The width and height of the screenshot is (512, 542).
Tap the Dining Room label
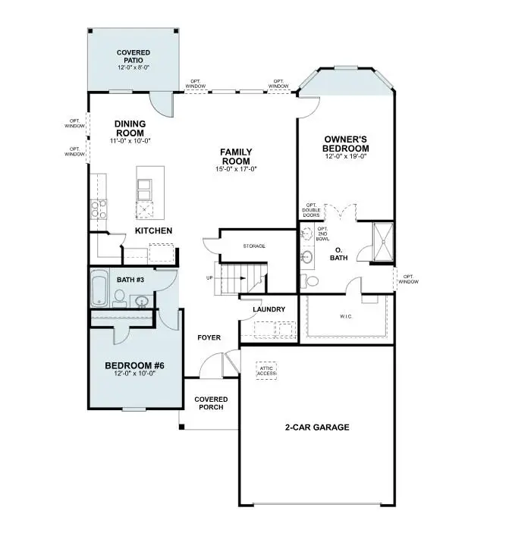[130, 128]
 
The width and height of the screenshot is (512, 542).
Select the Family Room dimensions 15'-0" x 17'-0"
[236, 169]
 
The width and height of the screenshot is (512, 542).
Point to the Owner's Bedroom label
[346, 143]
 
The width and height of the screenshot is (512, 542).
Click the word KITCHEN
[154, 230]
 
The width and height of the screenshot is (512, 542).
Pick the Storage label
[254, 246]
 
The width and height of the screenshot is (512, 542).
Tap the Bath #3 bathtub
[99, 290]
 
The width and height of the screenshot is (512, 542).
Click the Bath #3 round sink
[140, 302]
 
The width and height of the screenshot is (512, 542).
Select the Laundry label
[269, 309]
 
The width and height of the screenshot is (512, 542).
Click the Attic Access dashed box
[267, 369]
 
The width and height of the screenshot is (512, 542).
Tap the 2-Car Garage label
[317, 428]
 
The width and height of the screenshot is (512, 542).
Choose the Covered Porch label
[211, 403]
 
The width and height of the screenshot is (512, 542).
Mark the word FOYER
[209, 337]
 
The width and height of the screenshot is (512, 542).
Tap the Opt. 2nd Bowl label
[322, 234]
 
